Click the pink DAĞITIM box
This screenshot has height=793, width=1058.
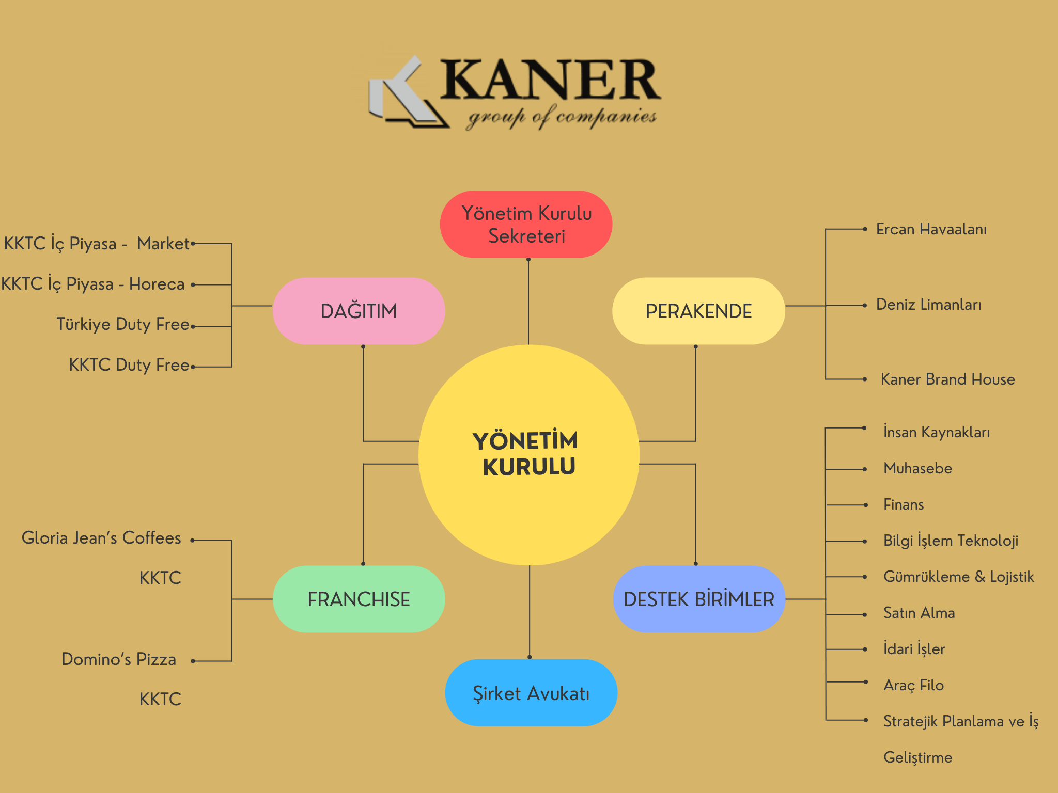coord(359,311)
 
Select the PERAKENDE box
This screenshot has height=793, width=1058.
coord(698,311)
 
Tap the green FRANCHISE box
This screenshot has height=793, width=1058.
coord(359,599)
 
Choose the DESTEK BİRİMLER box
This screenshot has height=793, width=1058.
coord(698,599)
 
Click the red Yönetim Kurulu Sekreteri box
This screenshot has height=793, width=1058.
coord(526,224)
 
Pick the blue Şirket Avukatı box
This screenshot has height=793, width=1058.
coord(531,693)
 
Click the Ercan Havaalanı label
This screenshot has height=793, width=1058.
coord(931,229)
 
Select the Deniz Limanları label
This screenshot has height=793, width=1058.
coord(928,305)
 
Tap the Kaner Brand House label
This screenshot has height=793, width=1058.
coord(947,379)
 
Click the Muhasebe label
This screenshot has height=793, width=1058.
coord(917,468)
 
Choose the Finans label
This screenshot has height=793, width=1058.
coord(904,504)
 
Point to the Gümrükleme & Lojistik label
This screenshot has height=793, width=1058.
coord(958,577)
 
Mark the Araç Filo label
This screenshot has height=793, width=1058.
coord(913,685)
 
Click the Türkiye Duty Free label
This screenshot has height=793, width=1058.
coord(123,324)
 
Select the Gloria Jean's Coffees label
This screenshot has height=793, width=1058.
coord(101,538)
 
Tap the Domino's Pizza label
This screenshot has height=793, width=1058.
coord(119,659)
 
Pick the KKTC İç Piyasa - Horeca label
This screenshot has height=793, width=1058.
coord(93,284)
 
